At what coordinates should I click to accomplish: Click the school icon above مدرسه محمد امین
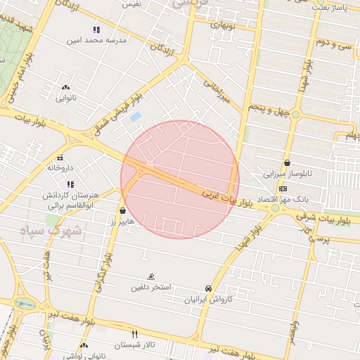coord(96,30)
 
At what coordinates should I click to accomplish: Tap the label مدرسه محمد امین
coord(96,41)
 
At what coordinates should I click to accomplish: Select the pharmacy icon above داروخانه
coord(60,157)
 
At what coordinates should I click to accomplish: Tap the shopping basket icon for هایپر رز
coord(123,210)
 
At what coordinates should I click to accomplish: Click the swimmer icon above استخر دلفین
coord(151,277)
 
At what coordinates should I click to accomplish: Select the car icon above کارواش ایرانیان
coord(208,288)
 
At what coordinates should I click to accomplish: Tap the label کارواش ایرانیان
coord(207,300)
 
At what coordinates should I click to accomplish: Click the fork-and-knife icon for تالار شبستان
coord(134,333)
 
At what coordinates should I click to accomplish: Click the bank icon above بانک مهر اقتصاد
coord(283,188)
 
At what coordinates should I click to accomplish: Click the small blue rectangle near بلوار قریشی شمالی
coord(135,116)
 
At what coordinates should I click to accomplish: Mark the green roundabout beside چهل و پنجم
coord(296,114)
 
